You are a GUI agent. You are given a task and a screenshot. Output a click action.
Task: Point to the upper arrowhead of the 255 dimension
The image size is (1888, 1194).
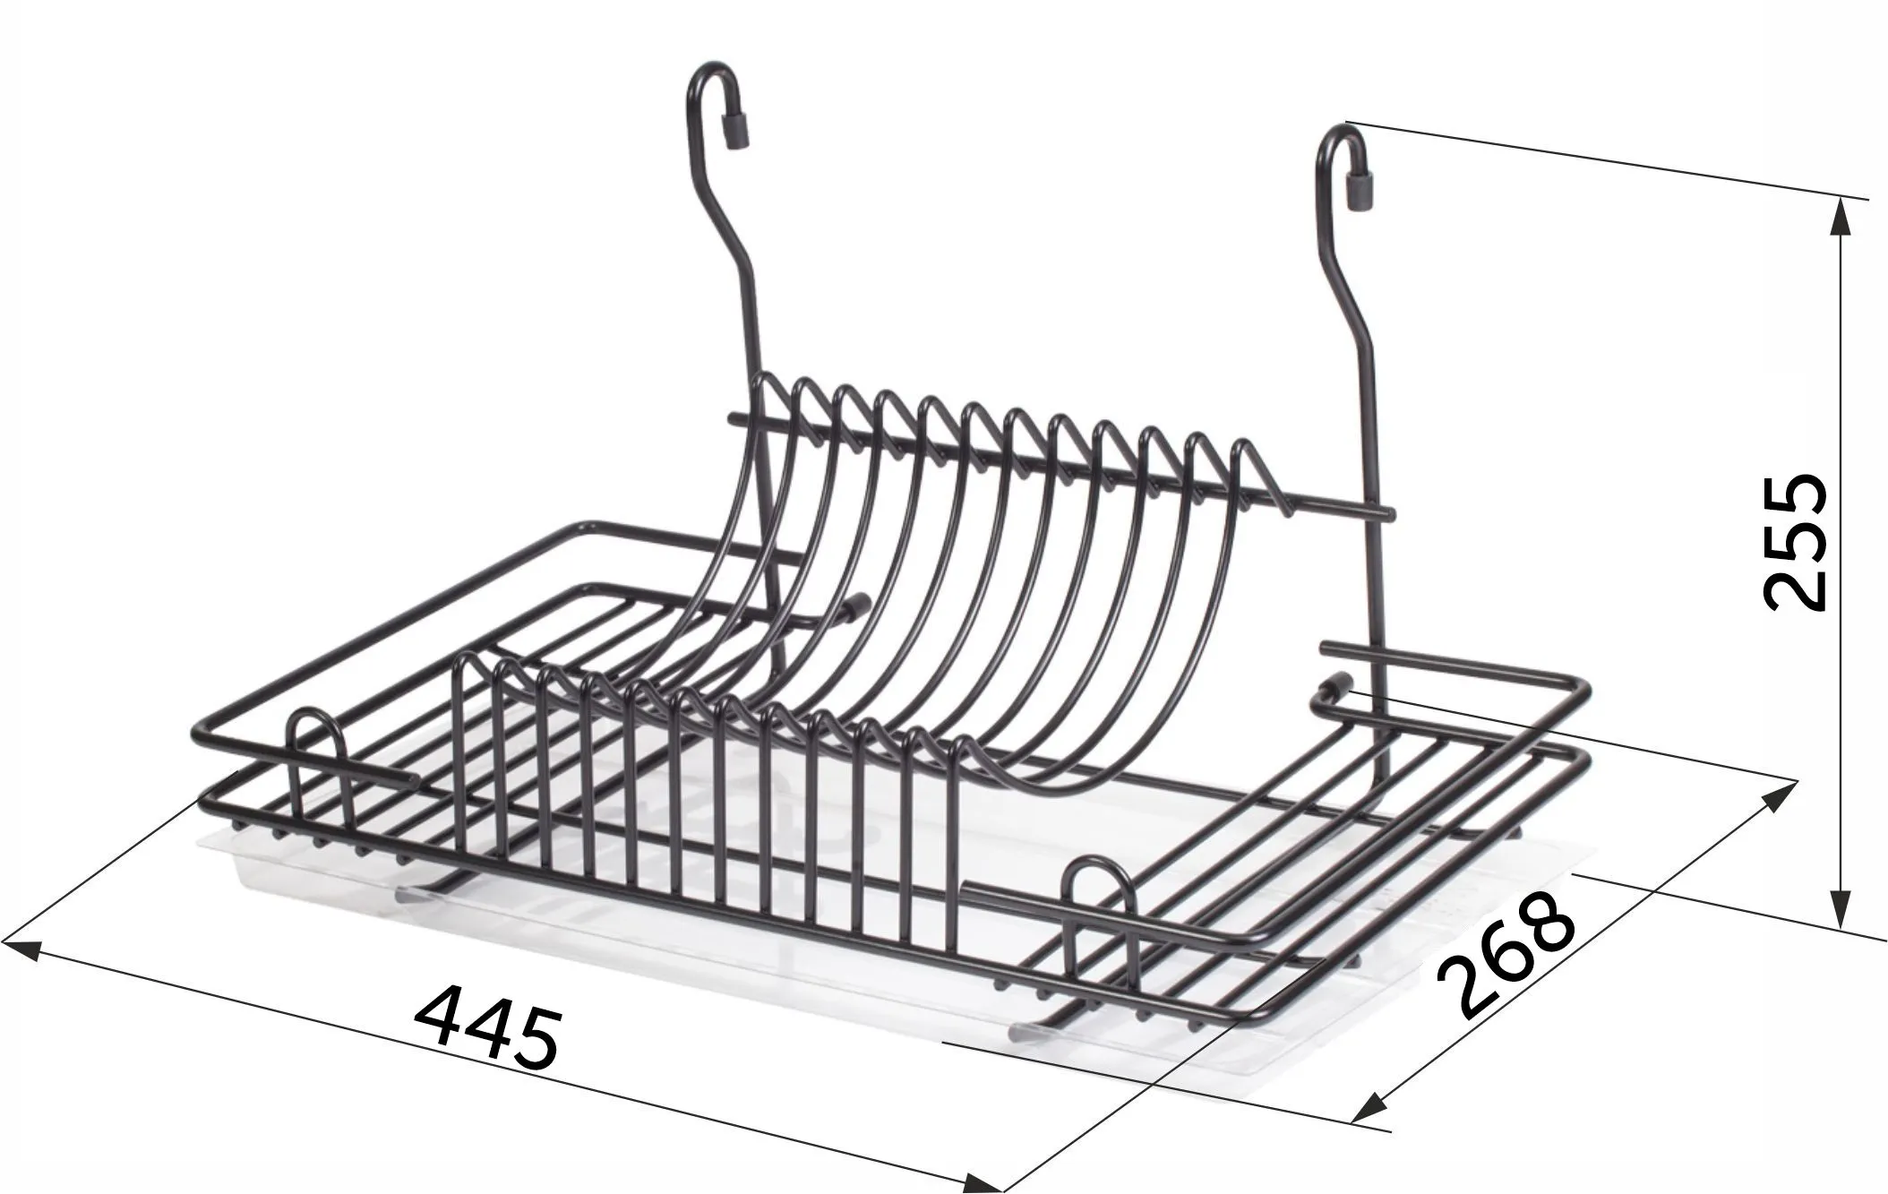pos(1841,216)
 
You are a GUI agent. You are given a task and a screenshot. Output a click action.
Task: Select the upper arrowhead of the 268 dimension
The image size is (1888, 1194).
pos(1780,794)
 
